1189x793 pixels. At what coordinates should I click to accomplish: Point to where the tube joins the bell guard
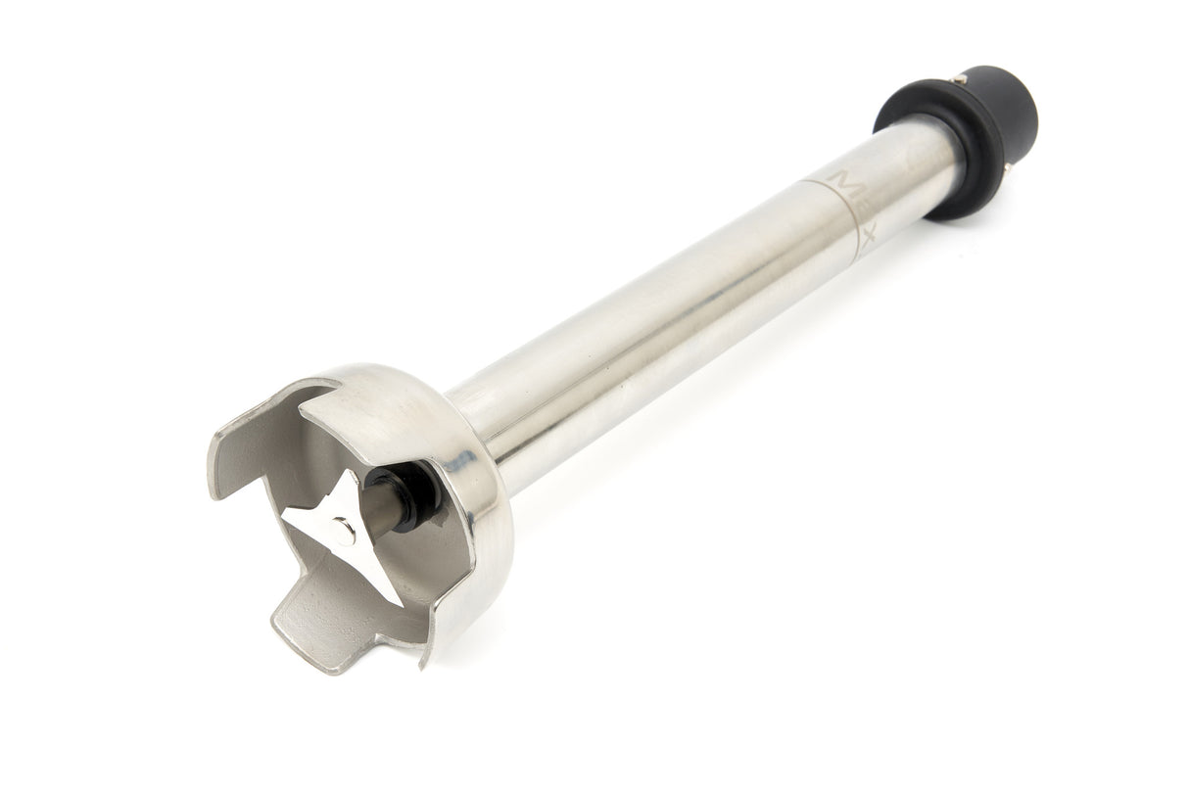click(480, 421)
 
